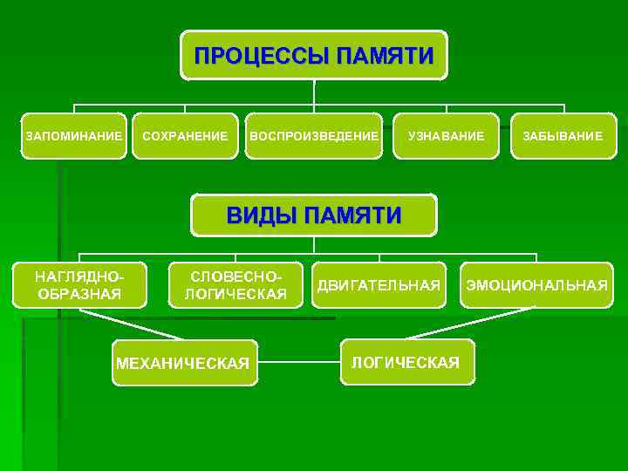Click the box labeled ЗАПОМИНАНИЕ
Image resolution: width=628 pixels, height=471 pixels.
[x=74, y=136]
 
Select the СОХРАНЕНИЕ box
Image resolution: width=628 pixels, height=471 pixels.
[x=185, y=136]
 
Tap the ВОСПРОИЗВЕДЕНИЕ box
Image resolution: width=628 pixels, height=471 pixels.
[x=314, y=136]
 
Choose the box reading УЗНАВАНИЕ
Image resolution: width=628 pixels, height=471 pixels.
[x=446, y=136]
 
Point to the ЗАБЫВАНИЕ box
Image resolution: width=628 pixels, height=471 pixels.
[x=563, y=136]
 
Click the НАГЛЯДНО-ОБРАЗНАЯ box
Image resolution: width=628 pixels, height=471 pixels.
[x=80, y=285]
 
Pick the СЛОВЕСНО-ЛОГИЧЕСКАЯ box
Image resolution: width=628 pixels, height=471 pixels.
[x=235, y=285]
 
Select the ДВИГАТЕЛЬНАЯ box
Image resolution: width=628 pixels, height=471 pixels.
[x=379, y=285]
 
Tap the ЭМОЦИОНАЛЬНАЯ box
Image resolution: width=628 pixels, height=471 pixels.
[x=536, y=285]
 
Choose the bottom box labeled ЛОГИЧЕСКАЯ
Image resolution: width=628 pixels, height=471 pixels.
[x=406, y=362]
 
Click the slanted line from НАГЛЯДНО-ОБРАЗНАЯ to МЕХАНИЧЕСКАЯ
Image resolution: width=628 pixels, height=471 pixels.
[x=131, y=324]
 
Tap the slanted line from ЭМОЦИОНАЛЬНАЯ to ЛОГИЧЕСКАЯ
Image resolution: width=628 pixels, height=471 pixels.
[x=471, y=323]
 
